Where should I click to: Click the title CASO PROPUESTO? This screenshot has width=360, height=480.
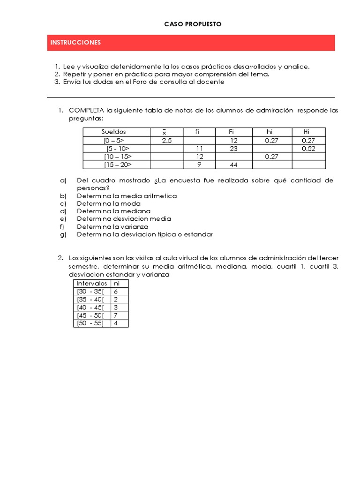point(193,24)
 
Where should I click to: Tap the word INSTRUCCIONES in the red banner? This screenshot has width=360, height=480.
point(75,43)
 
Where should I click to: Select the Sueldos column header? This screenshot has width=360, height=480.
point(114,132)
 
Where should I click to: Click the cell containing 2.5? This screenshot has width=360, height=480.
point(166,141)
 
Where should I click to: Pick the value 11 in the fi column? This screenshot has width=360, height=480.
point(199,149)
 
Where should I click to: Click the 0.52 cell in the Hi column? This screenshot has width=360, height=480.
point(308,149)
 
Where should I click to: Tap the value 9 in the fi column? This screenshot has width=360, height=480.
point(199,165)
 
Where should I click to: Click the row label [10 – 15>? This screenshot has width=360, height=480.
point(118,157)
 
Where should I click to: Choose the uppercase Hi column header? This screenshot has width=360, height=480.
point(307,132)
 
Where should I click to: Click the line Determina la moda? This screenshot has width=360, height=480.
point(109,203)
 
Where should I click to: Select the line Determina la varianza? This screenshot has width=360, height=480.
point(112,226)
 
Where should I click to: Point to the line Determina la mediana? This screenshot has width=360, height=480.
point(114,211)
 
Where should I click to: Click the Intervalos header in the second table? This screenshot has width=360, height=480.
point(92,284)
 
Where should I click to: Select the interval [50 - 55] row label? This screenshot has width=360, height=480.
point(90,323)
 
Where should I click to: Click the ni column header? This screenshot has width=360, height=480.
point(117,284)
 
